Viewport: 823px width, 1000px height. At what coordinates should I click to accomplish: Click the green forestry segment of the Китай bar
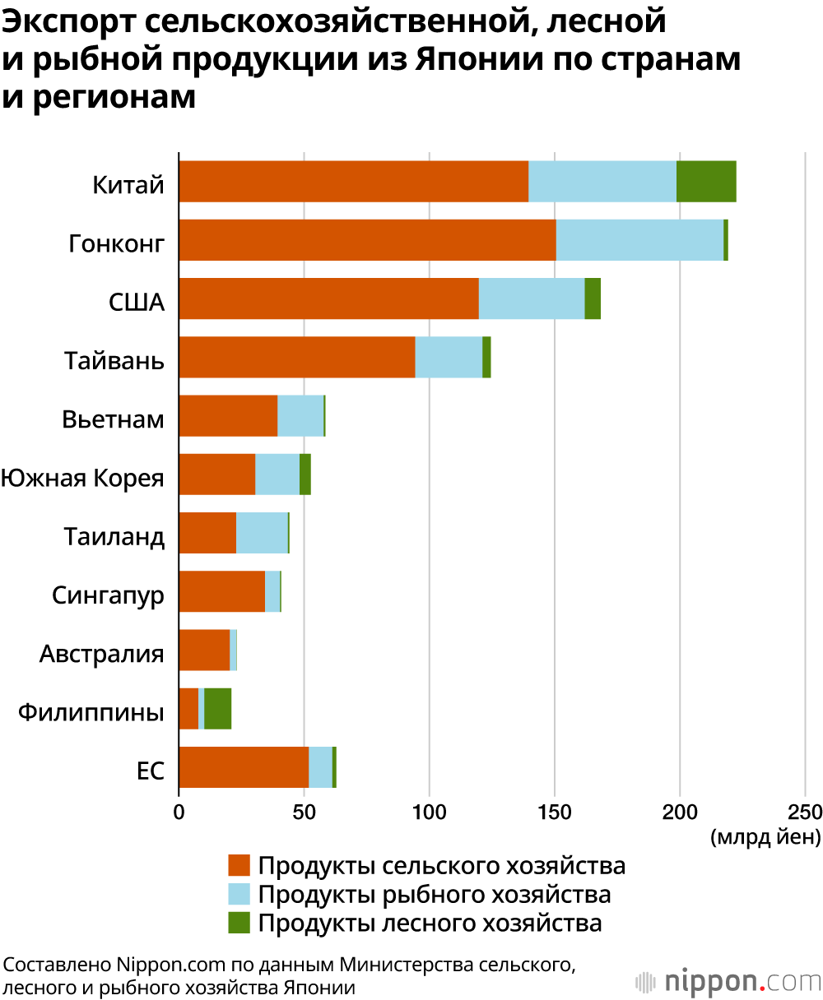(x=706, y=182)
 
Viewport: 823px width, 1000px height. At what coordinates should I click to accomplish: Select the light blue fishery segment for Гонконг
(x=639, y=240)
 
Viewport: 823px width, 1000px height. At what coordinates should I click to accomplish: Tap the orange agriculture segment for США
(x=328, y=299)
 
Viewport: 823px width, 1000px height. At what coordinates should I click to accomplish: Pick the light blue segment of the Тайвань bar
(x=449, y=357)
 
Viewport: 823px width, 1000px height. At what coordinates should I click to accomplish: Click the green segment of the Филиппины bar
(x=217, y=708)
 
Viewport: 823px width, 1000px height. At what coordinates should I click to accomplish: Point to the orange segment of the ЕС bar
(x=244, y=766)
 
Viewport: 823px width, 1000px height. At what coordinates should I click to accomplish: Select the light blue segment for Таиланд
(x=262, y=533)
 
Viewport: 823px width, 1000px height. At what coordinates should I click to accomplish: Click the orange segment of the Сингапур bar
(x=221, y=591)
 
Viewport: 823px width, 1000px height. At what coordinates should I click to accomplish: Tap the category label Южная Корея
(x=82, y=478)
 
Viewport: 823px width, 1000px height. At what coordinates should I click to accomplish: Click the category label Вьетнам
(x=113, y=419)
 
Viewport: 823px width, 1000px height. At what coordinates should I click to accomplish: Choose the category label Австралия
(x=102, y=655)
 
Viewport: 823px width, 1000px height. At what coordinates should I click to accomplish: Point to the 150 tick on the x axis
(x=555, y=812)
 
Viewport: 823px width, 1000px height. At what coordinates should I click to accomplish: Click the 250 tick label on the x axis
(x=805, y=812)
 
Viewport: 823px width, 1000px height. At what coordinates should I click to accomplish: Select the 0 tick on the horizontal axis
(x=179, y=812)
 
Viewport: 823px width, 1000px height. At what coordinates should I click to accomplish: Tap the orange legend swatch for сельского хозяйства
(x=239, y=866)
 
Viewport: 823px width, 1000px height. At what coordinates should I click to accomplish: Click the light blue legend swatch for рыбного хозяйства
(x=239, y=894)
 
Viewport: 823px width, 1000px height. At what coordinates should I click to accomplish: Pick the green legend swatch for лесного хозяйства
(x=239, y=922)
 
